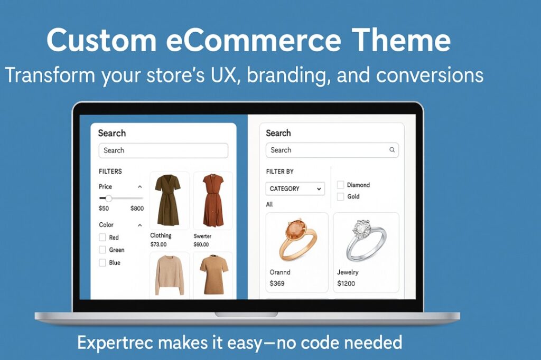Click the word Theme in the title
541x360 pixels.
pos(402,40)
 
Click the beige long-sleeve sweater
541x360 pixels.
pos(169,274)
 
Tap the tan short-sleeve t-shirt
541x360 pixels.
pos(213,274)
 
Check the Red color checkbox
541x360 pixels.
pos(102,238)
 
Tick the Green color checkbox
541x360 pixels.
pos(102,250)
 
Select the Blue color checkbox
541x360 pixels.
pos(102,262)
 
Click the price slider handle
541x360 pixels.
pos(109,198)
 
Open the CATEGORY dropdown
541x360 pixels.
pos(295,188)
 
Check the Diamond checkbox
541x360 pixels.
pos(341,185)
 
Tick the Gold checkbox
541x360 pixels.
pos(341,196)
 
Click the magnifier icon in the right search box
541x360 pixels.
pos(392,150)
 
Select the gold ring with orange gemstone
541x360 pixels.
pos(297,240)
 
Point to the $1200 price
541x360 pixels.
pos(346,283)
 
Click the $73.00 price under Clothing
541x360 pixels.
pos(158,244)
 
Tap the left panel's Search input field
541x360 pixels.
pos(163,150)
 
